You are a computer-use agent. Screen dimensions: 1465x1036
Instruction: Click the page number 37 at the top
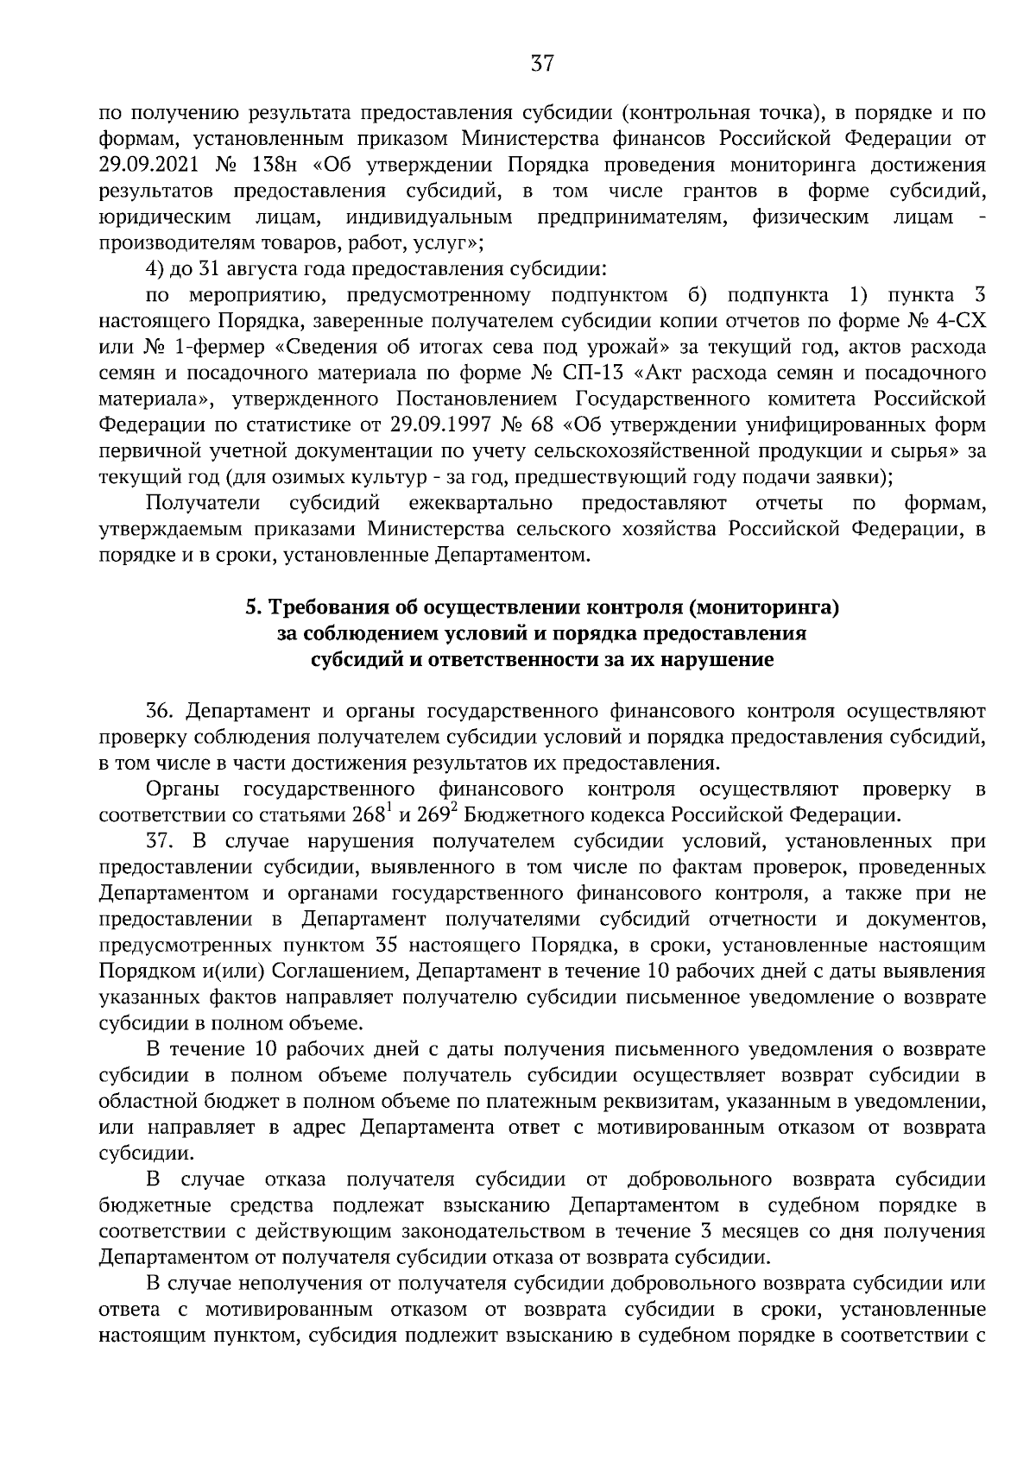(541, 63)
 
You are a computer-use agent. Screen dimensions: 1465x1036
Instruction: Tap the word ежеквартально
(482, 502)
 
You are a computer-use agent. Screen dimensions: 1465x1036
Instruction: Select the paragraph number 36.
(161, 712)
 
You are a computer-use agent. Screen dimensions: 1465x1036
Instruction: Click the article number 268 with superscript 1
(374, 815)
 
